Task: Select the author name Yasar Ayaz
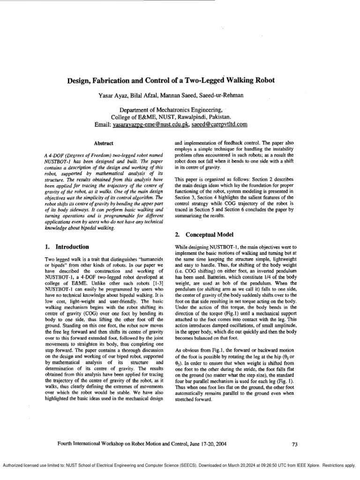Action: (113, 96)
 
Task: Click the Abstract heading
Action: (104, 142)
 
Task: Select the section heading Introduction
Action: (72, 247)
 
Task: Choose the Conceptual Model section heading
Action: (208, 234)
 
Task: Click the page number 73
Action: (294, 444)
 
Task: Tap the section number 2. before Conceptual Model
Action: (178, 234)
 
